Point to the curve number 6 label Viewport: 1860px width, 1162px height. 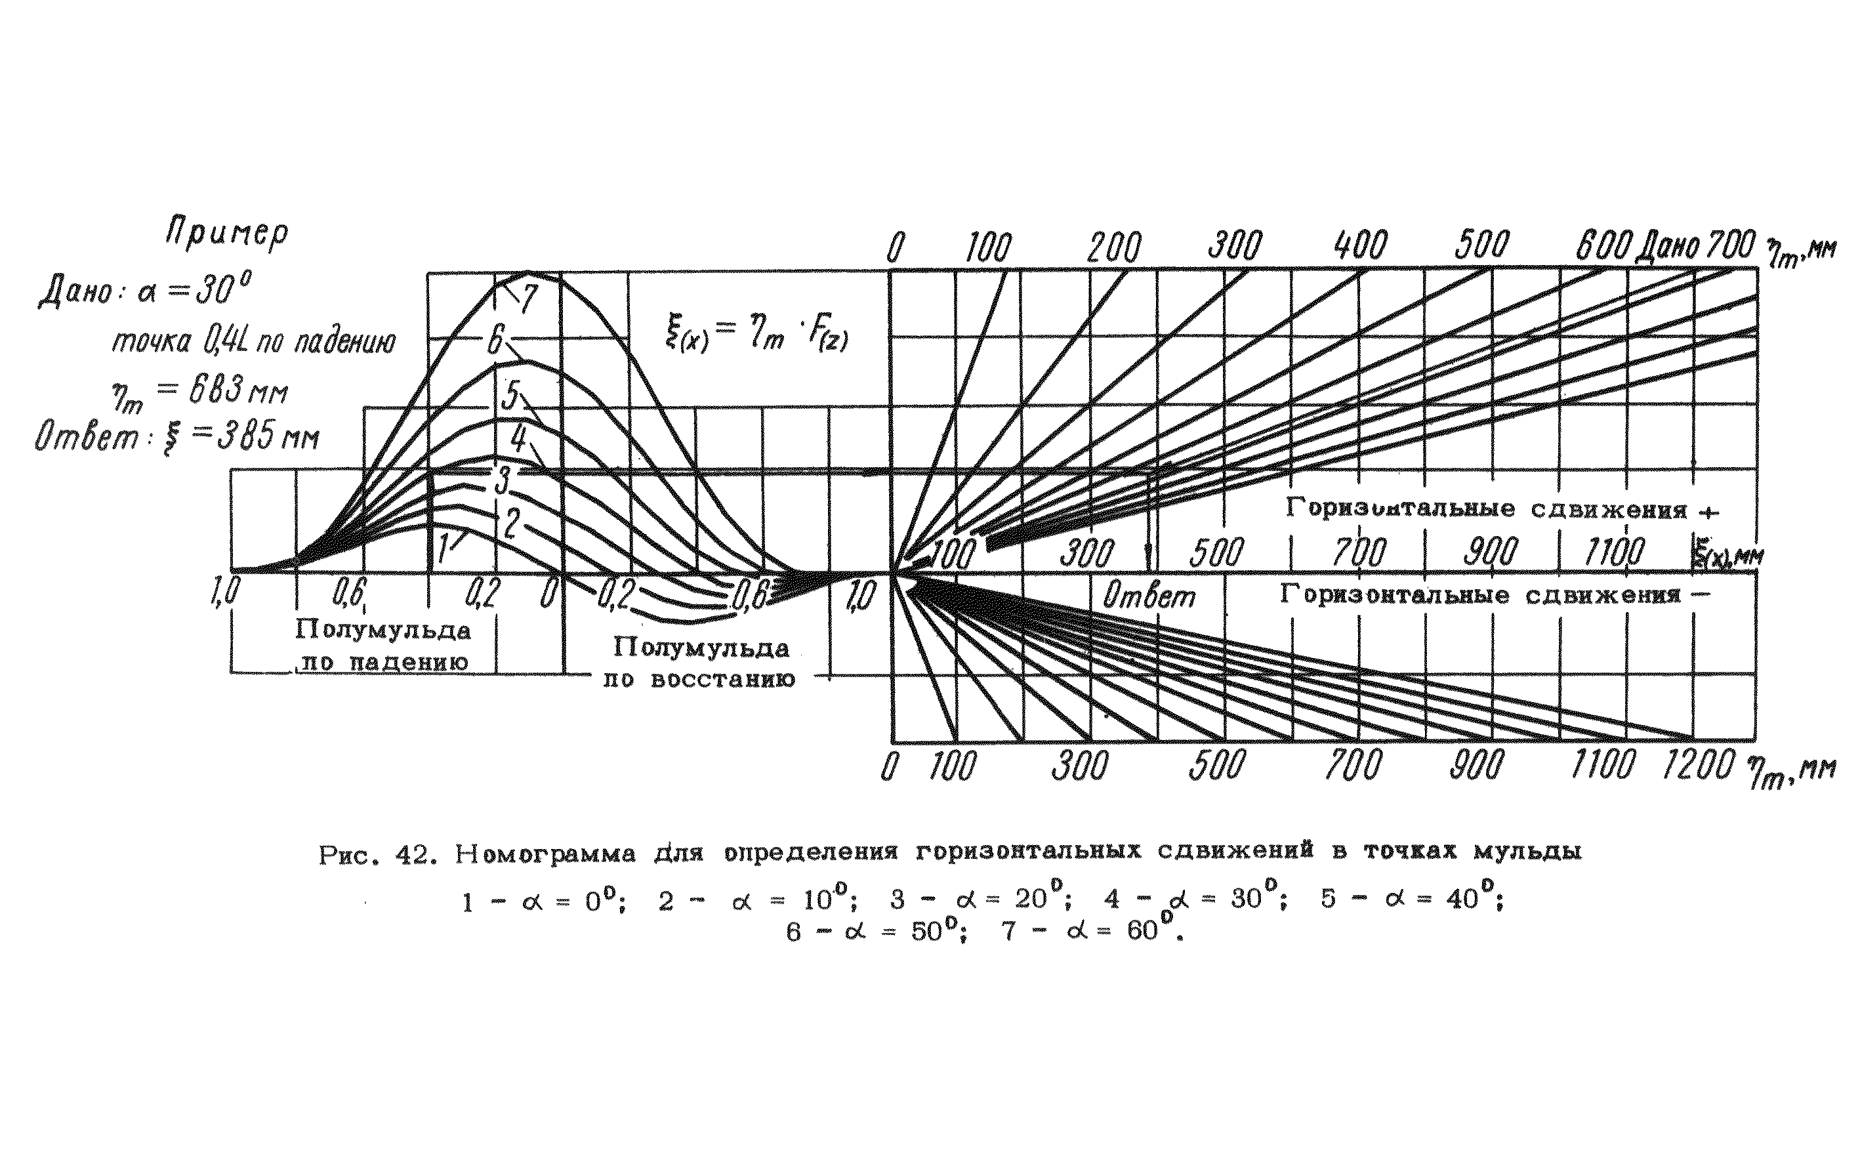click(x=495, y=340)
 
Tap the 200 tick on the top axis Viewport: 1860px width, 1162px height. click(x=1114, y=248)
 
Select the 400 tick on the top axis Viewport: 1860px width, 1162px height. click(x=1361, y=246)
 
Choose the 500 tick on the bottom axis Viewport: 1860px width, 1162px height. click(x=1216, y=766)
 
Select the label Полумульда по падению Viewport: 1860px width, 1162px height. click(x=382, y=646)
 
